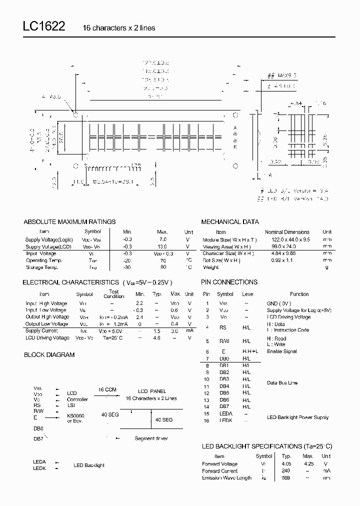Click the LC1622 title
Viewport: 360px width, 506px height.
click(x=43, y=27)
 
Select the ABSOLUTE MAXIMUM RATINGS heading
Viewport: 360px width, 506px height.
click(x=69, y=221)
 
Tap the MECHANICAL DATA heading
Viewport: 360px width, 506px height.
click(x=230, y=221)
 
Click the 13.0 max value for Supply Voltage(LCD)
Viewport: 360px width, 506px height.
click(x=162, y=246)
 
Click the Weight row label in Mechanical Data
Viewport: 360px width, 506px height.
click(x=211, y=267)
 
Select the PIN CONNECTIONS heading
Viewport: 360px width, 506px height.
click(x=229, y=282)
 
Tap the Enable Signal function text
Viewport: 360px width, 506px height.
click(x=282, y=351)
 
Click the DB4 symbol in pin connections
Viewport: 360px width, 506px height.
click(x=224, y=386)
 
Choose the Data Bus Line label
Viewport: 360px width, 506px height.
click(x=282, y=383)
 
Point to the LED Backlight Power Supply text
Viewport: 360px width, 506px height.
click(x=297, y=417)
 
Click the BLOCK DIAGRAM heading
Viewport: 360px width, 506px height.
click(x=49, y=354)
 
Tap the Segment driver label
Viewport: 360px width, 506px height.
click(x=151, y=438)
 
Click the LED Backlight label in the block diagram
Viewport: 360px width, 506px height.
click(x=89, y=465)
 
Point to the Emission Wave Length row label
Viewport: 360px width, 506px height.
click(x=226, y=478)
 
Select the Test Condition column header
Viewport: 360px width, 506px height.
click(x=113, y=294)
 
